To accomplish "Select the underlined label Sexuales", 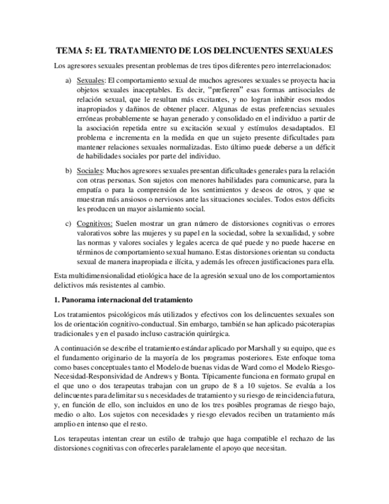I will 91,80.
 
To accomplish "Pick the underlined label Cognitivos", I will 95,224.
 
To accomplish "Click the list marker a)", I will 68,80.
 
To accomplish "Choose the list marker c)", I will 68,224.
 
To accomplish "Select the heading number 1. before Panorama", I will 56,299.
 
